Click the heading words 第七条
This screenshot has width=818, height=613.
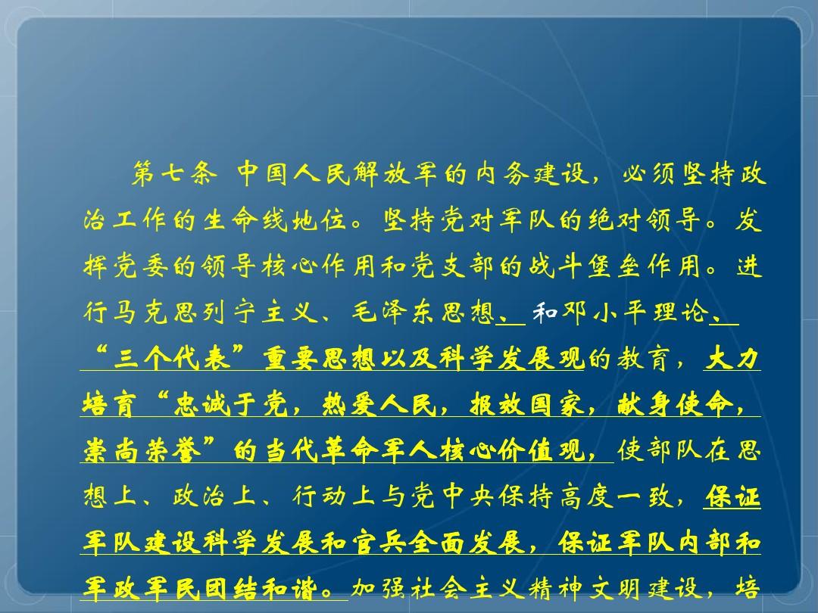click(x=174, y=173)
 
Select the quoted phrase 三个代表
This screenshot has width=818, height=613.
click(x=171, y=358)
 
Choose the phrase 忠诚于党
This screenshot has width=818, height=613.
click(x=230, y=404)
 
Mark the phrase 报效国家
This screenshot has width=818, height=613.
click(x=527, y=404)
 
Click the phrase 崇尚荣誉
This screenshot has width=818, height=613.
click(x=142, y=450)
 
